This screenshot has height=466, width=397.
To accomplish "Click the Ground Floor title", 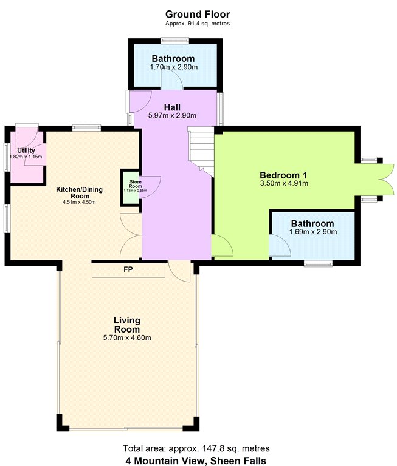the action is click(x=198, y=15).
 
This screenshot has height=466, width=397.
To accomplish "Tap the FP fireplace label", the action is click(x=128, y=269).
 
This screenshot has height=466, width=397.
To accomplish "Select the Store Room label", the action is click(x=136, y=184).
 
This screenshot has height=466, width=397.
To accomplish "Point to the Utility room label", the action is click(x=26, y=150).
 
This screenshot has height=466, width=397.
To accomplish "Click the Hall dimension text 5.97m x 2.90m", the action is click(x=172, y=116).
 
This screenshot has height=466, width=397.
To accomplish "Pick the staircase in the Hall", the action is click(x=201, y=151).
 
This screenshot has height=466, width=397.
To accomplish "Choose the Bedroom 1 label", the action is click(x=283, y=175).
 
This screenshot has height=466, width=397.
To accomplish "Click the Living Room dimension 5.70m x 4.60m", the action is click(x=127, y=337).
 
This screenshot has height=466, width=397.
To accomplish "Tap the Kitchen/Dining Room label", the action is click(x=80, y=192).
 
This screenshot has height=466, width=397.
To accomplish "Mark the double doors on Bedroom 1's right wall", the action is click(x=386, y=180).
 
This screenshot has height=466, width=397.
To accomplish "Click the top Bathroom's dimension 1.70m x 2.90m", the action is click(x=174, y=67).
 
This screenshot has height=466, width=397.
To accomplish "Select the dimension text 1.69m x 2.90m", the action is click(x=313, y=232).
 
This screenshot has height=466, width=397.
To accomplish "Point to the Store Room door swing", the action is click(x=152, y=184).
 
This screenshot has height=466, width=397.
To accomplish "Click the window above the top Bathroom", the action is click(x=174, y=41).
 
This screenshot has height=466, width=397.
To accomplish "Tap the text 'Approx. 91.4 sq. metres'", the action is click(x=198, y=24).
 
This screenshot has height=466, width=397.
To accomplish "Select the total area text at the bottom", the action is click(x=196, y=448).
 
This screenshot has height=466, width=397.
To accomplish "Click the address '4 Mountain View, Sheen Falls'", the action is click(x=196, y=461).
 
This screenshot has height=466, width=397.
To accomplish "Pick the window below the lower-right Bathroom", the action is click(x=318, y=263).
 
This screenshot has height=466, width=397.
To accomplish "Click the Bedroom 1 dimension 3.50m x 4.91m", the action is click(x=284, y=183).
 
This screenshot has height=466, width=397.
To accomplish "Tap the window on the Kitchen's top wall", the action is click(x=86, y=128).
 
